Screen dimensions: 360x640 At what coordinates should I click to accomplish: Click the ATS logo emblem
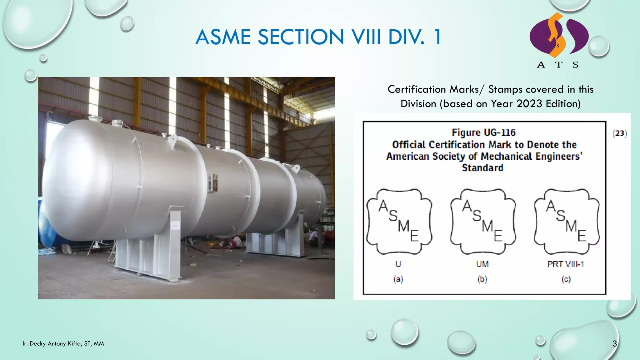(559, 36)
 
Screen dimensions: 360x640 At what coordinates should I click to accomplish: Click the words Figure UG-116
(484, 132)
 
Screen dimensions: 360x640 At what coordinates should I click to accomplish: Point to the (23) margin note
(620, 133)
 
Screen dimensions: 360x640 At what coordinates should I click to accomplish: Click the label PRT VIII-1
(566, 264)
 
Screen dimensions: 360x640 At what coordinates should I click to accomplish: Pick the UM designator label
(482, 264)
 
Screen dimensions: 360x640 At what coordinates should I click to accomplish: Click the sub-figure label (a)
(398, 279)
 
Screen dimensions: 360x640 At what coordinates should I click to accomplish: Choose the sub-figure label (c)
(566, 279)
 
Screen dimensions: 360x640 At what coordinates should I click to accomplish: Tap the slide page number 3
(614, 344)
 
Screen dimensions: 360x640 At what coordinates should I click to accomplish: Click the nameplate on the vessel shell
(213, 182)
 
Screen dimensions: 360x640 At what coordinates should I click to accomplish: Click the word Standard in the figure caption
(482, 168)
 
